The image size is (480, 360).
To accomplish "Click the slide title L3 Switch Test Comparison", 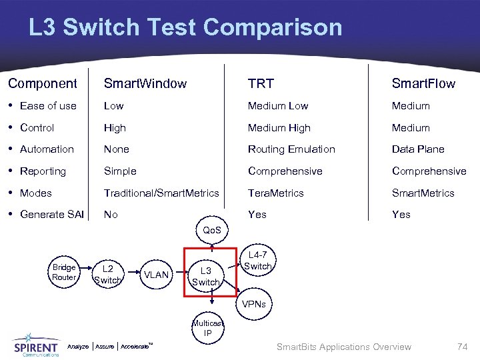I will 185,27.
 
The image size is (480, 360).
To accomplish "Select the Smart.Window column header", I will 145,83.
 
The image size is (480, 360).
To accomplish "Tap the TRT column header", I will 261,83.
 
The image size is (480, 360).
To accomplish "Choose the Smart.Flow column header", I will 423,83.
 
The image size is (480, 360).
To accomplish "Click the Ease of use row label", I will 48,105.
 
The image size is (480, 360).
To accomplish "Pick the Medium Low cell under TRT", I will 278,105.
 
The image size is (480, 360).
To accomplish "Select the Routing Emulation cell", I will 291,149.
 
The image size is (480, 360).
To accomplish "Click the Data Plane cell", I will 418,149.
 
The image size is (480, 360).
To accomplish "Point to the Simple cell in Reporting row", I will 120,171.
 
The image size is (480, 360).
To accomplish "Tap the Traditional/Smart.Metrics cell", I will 161,193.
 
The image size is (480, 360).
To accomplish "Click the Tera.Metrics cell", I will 275,193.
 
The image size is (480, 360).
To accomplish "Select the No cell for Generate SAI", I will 111,214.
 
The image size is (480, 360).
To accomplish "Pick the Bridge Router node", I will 64,272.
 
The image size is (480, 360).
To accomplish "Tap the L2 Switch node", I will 108,275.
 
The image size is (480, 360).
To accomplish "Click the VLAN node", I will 157,275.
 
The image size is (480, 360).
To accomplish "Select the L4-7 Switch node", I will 258,261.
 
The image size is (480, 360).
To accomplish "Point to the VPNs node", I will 253,304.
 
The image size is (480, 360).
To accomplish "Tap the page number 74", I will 462,346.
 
